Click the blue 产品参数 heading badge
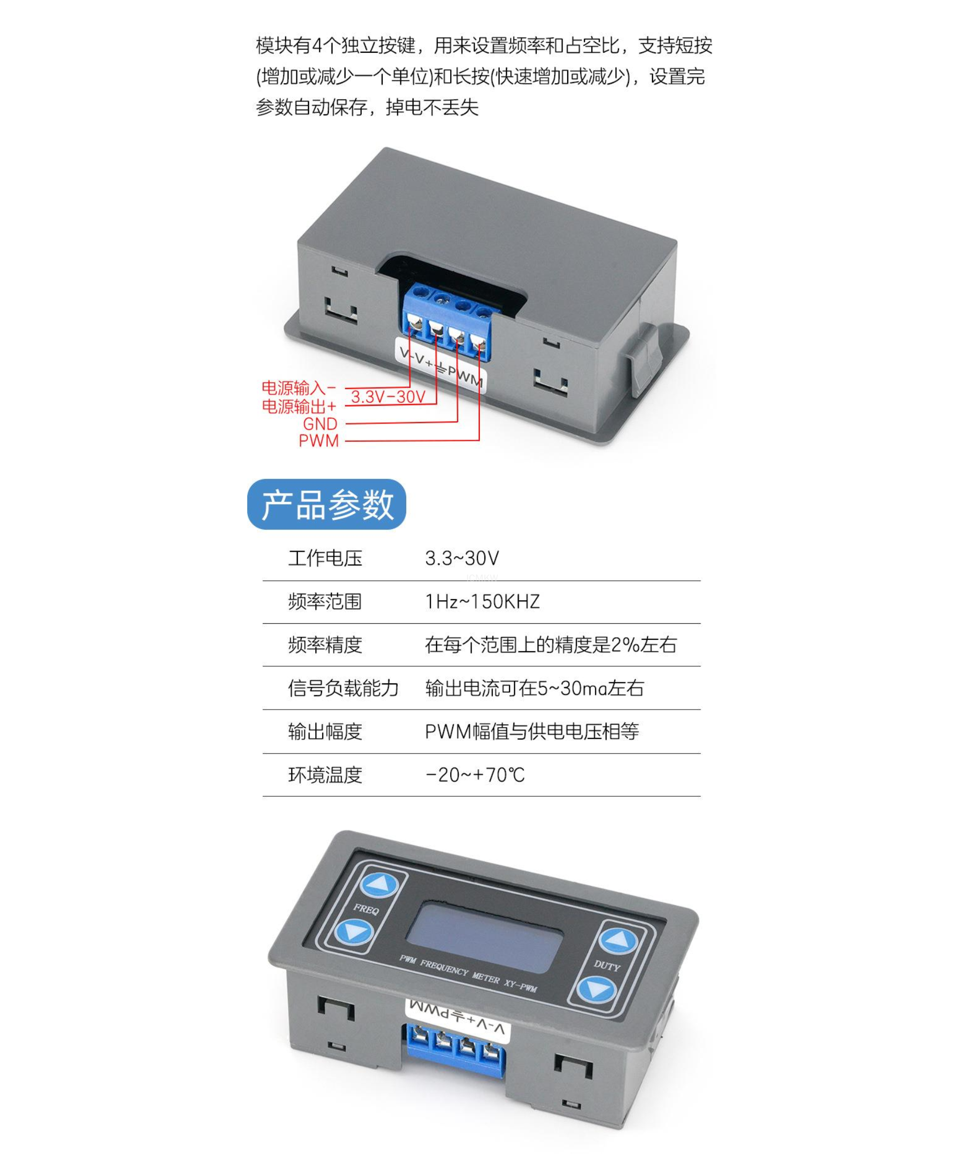[x=327, y=504]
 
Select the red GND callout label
[x=320, y=424]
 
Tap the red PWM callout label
[x=319, y=441]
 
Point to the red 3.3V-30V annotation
[x=388, y=396]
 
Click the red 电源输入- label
[x=299, y=388]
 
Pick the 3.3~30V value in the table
[x=462, y=558]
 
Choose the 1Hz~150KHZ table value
[x=483, y=601]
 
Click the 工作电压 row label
[x=325, y=558]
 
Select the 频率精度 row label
[x=325, y=644]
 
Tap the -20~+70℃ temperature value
[x=475, y=774]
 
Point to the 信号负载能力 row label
[x=343, y=688]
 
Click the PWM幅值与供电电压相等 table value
[x=532, y=731]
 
